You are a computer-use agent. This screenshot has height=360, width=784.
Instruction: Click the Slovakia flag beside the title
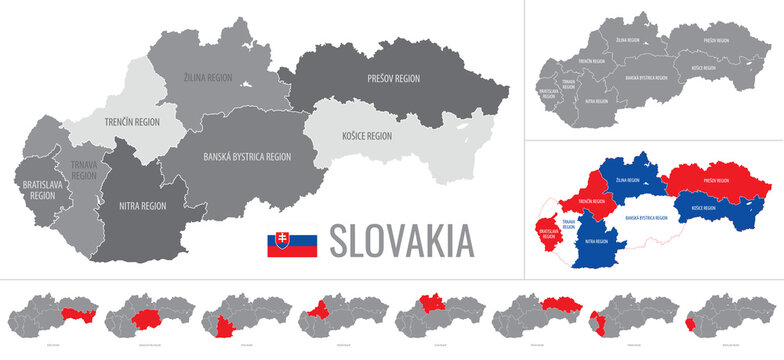click(x=291, y=242)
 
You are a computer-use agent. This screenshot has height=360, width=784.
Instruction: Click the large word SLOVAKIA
click(x=401, y=241)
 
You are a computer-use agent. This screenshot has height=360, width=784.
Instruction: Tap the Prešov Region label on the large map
click(x=394, y=77)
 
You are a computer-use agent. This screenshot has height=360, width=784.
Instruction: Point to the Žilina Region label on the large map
click(x=216, y=76)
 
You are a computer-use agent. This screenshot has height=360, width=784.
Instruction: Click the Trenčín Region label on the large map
click(x=133, y=122)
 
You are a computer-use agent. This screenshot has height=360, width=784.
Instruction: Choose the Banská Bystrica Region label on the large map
click(x=247, y=156)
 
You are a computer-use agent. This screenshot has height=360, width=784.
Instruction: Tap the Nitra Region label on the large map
click(x=143, y=205)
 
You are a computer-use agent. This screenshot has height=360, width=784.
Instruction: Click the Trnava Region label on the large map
click(x=84, y=169)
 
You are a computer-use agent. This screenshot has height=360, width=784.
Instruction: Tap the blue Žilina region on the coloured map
click(x=627, y=181)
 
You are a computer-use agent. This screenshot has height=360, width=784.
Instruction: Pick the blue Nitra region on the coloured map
click(x=598, y=241)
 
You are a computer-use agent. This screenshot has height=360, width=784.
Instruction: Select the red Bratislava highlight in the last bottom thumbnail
click(x=691, y=326)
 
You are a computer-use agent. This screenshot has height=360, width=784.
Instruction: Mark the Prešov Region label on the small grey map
click(x=715, y=40)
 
